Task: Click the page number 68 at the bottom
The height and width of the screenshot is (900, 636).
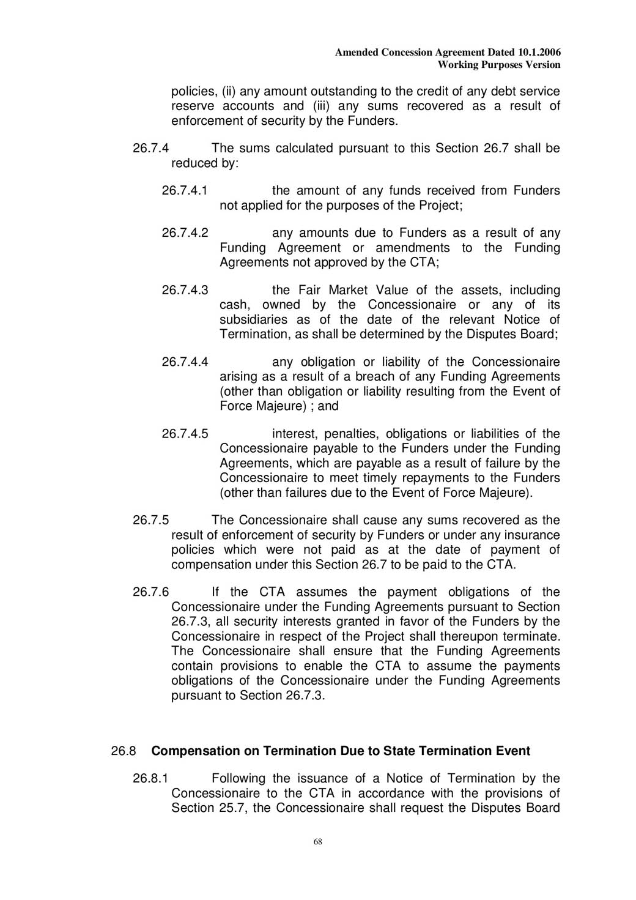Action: [318, 842]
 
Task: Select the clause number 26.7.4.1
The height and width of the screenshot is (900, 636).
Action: [185, 191]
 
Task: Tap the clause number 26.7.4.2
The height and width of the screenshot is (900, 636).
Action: [185, 233]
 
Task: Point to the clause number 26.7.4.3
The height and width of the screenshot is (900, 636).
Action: [185, 290]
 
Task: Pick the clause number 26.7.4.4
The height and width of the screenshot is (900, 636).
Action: [185, 362]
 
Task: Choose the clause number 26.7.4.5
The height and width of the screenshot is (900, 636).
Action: [185, 434]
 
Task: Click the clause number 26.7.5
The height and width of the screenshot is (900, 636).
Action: [151, 521]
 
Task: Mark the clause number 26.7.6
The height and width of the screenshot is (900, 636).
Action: [151, 592]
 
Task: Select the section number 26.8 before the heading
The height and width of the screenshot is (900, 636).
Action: [124, 751]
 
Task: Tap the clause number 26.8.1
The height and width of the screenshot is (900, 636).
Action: [151, 779]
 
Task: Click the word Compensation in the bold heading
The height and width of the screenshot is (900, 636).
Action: [189, 751]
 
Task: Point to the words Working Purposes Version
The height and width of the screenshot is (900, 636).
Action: [499, 65]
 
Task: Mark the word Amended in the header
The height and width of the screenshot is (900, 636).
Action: [357, 53]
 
